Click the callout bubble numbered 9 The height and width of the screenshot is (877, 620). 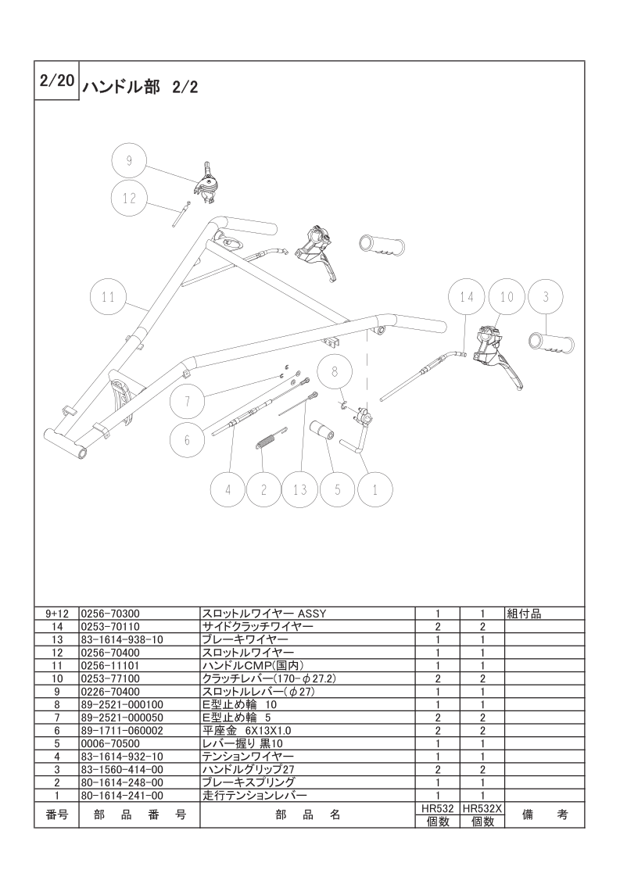tap(130, 162)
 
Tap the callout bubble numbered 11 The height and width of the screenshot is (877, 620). tap(108, 297)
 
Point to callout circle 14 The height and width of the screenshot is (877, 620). tap(467, 297)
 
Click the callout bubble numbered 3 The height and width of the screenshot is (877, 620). tap(546, 297)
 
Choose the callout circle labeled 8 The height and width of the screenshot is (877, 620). tap(335, 372)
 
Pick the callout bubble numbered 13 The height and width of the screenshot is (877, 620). tap(300, 490)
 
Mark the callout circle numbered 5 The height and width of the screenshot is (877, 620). tap(338, 490)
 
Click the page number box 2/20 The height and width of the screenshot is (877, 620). tap(56, 81)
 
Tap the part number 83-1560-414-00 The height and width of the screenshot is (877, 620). tap(122, 770)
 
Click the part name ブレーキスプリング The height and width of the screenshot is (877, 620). tap(249, 782)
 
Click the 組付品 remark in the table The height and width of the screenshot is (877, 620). tap(524, 614)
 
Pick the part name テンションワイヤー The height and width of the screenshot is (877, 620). tap(248, 757)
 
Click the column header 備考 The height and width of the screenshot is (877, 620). tap(545, 815)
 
